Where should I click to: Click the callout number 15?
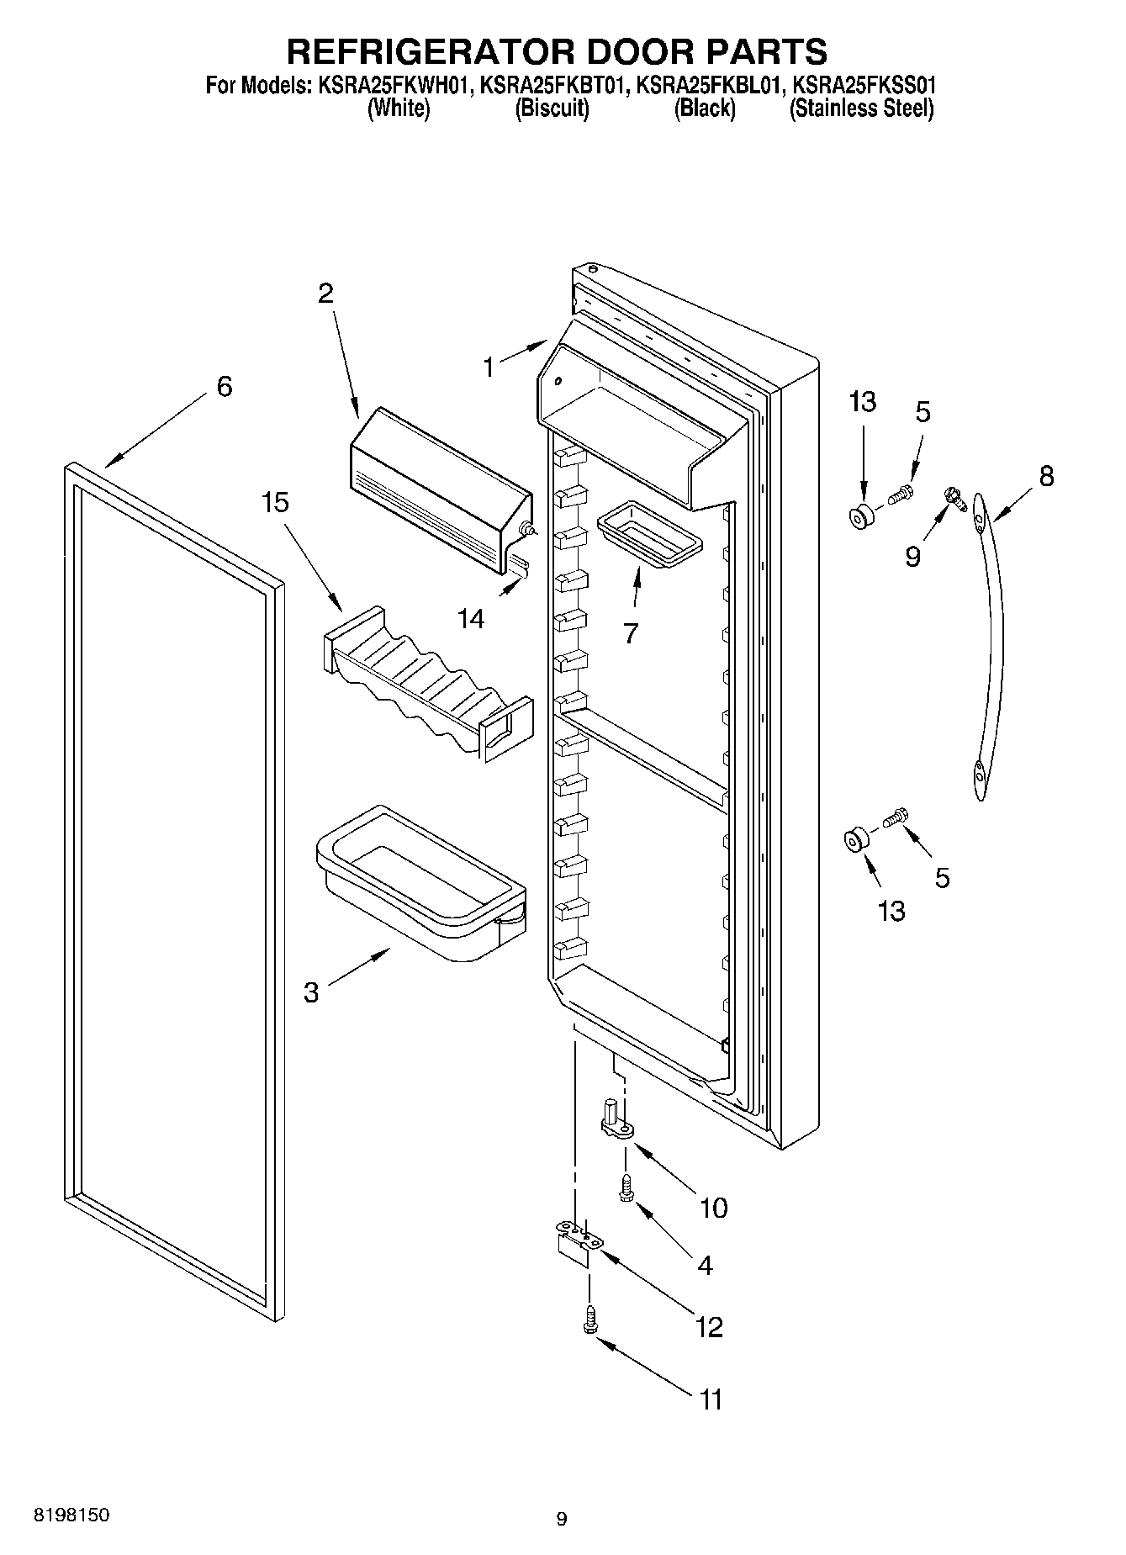[x=275, y=503]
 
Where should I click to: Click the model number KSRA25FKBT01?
[x=551, y=86]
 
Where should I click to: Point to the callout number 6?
[x=224, y=387]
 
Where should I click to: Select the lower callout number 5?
[x=942, y=878]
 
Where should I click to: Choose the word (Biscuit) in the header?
[x=551, y=109]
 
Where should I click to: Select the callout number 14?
[x=471, y=619]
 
